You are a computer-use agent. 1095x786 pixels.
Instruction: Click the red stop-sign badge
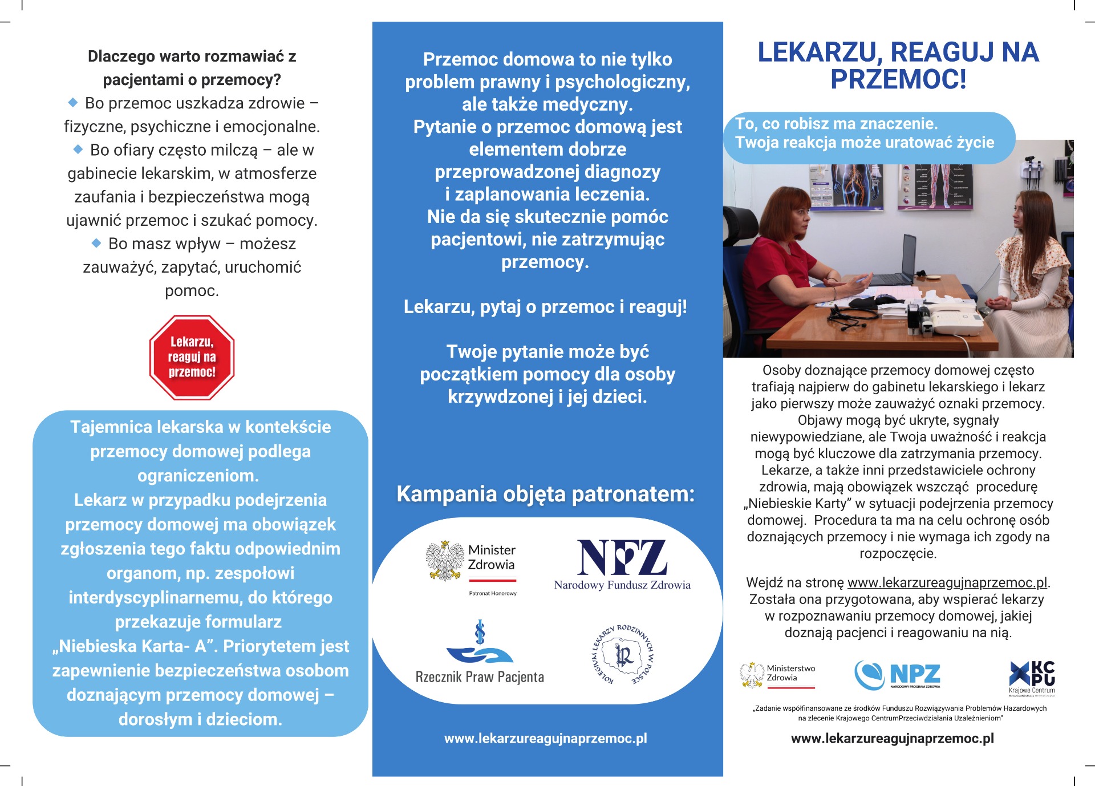point(192,357)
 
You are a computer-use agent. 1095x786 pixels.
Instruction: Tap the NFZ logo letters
point(622,557)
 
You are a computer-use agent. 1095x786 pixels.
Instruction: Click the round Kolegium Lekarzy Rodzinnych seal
point(623,655)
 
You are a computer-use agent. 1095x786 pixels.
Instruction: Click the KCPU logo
point(1032,676)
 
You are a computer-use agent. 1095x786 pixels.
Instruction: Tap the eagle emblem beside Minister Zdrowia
point(445,561)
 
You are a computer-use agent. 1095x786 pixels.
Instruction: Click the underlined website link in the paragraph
point(947,582)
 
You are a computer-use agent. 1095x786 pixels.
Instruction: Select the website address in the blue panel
point(546,738)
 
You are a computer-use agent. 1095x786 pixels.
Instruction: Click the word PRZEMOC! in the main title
point(898,79)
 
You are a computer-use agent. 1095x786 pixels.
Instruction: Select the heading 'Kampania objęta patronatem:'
point(546,494)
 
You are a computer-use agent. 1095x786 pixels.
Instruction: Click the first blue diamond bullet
point(73,103)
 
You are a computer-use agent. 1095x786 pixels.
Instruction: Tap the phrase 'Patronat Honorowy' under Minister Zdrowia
point(493,593)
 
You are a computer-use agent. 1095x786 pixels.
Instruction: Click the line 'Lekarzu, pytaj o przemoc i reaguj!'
point(546,307)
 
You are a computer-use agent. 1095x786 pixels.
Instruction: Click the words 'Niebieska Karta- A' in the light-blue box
point(135,646)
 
